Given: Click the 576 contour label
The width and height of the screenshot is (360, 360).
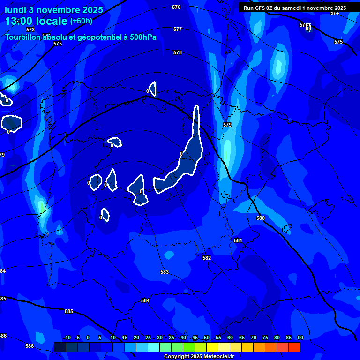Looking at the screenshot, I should pos(176,7).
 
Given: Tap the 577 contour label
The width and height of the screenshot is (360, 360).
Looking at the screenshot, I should pos(178,29).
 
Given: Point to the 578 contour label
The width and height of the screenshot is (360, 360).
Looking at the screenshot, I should pos(178,52).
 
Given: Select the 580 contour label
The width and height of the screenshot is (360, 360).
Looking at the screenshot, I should pos(261,218).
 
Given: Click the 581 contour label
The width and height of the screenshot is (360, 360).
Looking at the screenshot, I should pos(238,240).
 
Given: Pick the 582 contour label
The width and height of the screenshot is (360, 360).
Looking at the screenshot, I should pos(207,258).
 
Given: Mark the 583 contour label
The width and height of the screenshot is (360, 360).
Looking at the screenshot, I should pos(165,272).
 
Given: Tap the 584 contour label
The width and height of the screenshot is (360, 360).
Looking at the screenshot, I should pos(145,300).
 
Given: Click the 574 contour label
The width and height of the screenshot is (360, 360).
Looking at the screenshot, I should pos(334,13).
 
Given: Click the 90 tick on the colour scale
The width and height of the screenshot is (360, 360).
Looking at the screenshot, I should pos(300,337).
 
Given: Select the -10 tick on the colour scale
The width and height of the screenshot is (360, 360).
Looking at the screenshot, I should pos(67,337).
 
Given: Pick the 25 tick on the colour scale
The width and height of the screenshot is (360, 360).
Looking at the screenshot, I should pos(148,337).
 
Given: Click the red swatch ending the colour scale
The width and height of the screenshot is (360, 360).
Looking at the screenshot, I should pos(294,347).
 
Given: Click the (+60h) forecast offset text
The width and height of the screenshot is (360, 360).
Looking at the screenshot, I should pos(81,21).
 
